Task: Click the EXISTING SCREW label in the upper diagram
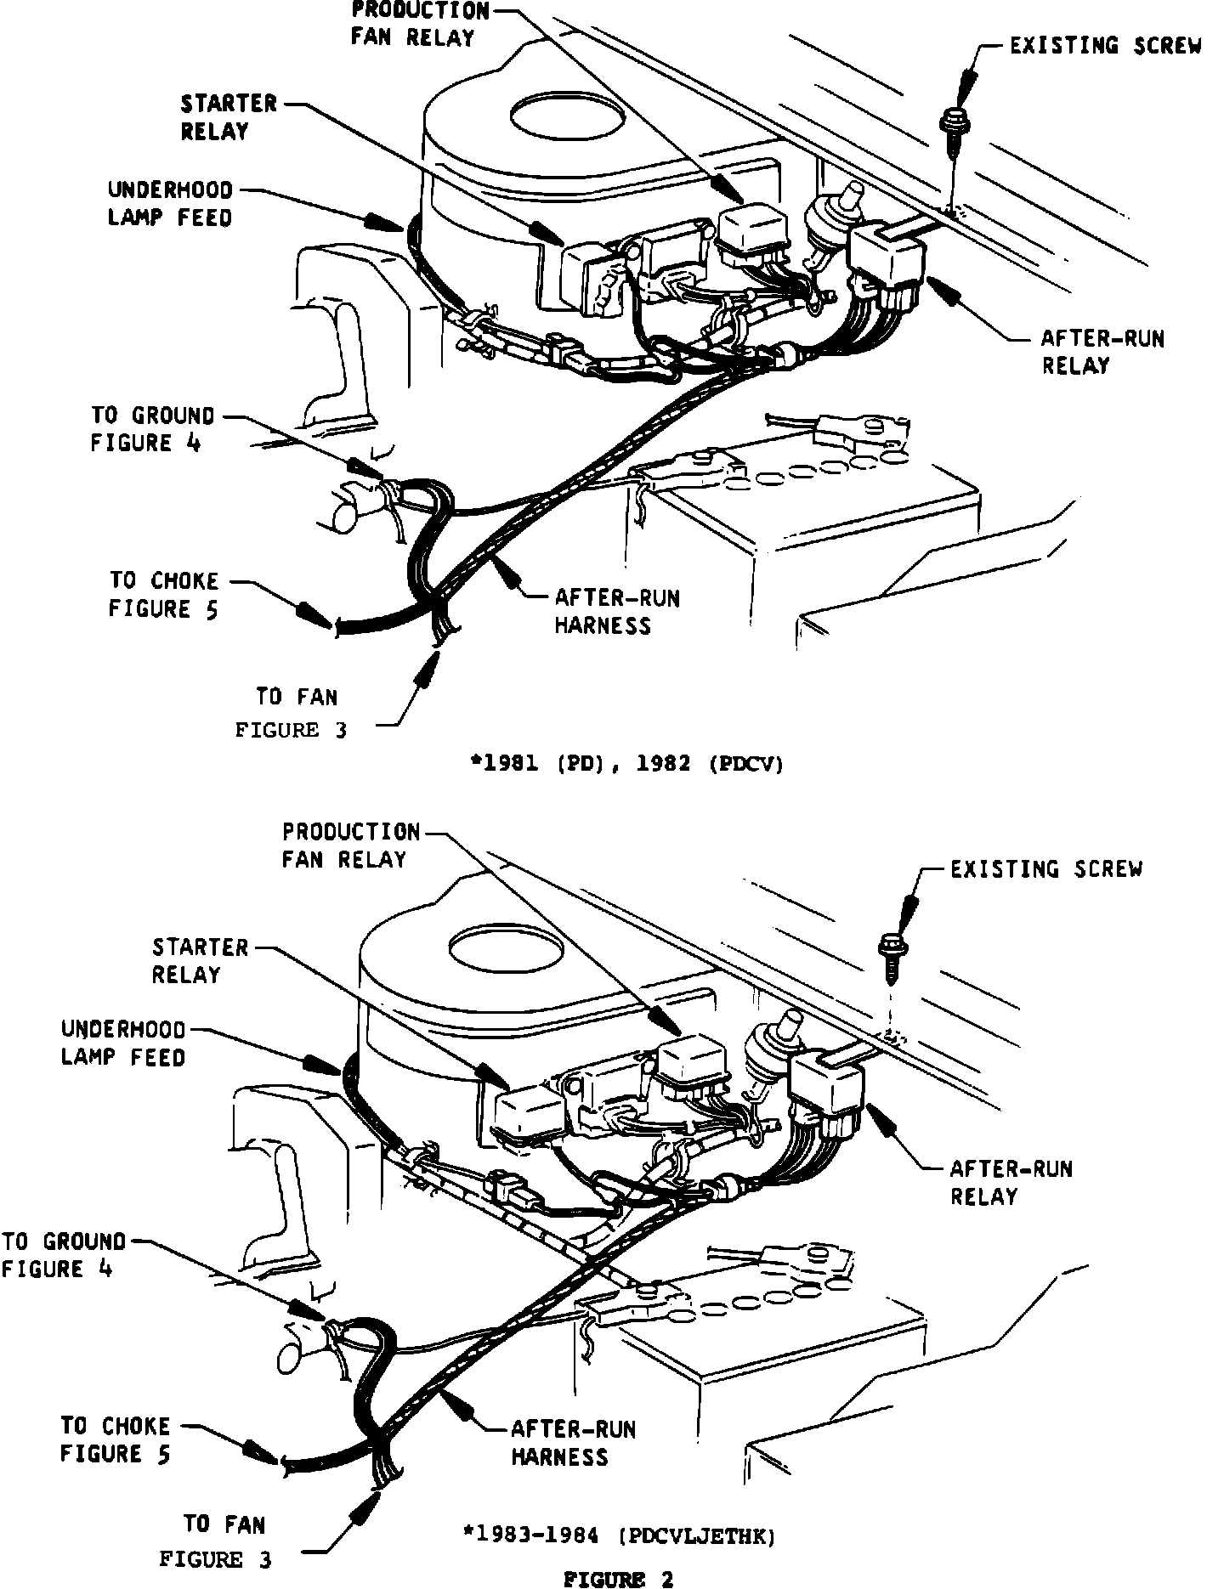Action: click(x=1105, y=46)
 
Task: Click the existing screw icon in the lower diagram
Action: click(x=892, y=952)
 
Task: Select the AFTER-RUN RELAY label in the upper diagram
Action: click(x=1102, y=352)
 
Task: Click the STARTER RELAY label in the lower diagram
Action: click(x=201, y=960)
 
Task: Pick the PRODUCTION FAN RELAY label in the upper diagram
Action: click(x=420, y=24)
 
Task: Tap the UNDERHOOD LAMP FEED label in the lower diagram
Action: click(x=123, y=1043)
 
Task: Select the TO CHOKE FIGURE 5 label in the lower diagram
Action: click(x=115, y=1439)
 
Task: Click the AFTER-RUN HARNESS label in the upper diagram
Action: click(x=617, y=612)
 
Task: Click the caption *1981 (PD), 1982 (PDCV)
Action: click(x=626, y=764)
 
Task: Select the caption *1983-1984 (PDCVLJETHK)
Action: click(x=618, y=1535)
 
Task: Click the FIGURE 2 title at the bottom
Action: click(x=619, y=1579)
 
